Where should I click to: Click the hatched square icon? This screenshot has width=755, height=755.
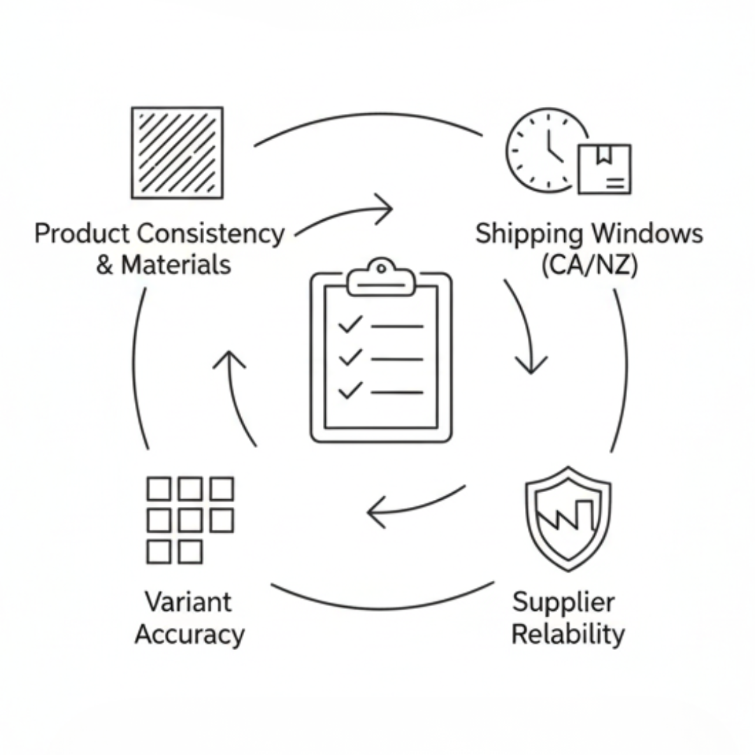[x=177, y=152]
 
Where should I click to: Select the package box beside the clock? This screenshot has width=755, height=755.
[x=604, y=169]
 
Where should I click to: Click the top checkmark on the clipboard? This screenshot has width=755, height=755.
[x=350, y=324]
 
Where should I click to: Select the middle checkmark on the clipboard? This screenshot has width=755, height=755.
[x=350, y=358]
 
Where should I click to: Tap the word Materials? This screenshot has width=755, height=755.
[x=175, y=266]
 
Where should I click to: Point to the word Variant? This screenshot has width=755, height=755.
[x=187, y=601]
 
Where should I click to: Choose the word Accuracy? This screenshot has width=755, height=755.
[x=189, y=635]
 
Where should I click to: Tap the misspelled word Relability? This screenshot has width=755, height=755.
[x=568, y=635]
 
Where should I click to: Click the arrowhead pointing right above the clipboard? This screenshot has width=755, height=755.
[x=384, y=208]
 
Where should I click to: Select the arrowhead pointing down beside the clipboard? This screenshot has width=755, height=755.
[x=531, y=364]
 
